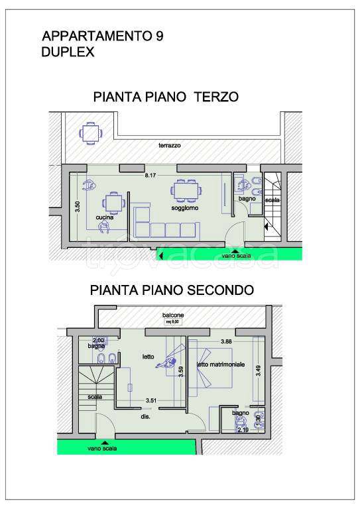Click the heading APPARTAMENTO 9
click(x=102, y=37)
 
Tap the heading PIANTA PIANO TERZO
click(x=166, y=98)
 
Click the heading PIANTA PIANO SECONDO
click(x=172, y=290)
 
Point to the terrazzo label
click(x=170, y=145)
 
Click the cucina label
click(x=103, y=217)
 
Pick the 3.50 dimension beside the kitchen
click(x=78, y=206)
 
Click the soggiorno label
click(x=186, y=208)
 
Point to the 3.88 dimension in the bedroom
click(x=225, y=342)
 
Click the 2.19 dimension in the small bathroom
click(x=243, y=429)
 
